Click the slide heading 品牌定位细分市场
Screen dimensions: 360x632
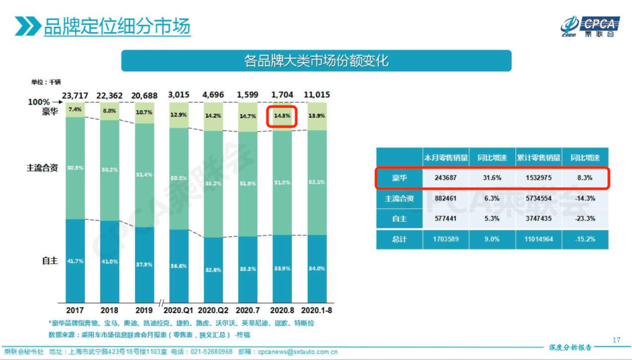point(116,26)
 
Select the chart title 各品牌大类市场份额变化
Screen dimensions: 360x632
point(316,61)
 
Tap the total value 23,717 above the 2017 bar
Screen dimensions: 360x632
point(75,95)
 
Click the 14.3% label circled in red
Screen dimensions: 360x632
point(283,115)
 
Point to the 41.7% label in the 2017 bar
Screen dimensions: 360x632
point(75,261)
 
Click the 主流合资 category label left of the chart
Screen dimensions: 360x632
point(42,167)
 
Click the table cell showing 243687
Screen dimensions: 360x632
point(446,177)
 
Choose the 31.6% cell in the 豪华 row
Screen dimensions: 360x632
point(492,177)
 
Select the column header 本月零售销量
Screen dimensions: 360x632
point(446,157)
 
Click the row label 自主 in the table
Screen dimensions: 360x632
point(399,218)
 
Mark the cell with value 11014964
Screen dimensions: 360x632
point(537,239)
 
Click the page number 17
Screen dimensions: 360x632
point(616,340)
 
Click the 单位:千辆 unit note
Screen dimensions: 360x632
point(46,83)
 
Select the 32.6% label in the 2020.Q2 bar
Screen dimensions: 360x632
point(213,269)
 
